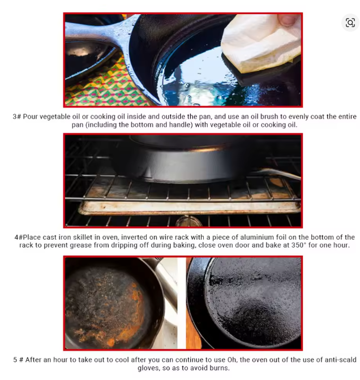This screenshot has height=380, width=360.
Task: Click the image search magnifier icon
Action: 350,23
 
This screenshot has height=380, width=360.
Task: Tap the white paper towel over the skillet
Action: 260,44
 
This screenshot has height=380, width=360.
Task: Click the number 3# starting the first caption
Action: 17,116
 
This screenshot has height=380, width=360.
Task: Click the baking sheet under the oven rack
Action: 189,207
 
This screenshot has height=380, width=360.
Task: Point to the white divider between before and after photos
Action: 182,303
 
